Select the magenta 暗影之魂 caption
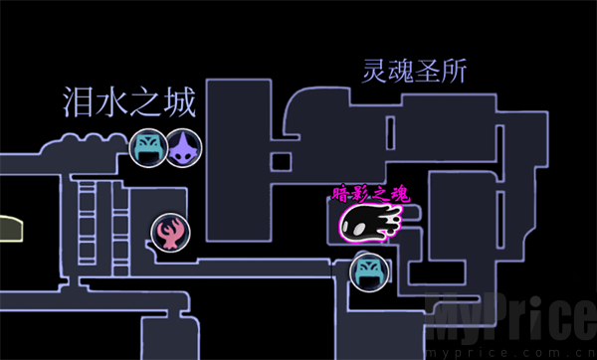(370, 195)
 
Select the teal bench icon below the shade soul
(369, 269)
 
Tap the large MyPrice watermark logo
(507, 318)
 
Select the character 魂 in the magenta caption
(401, 195)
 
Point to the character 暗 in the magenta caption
(340, 195)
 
